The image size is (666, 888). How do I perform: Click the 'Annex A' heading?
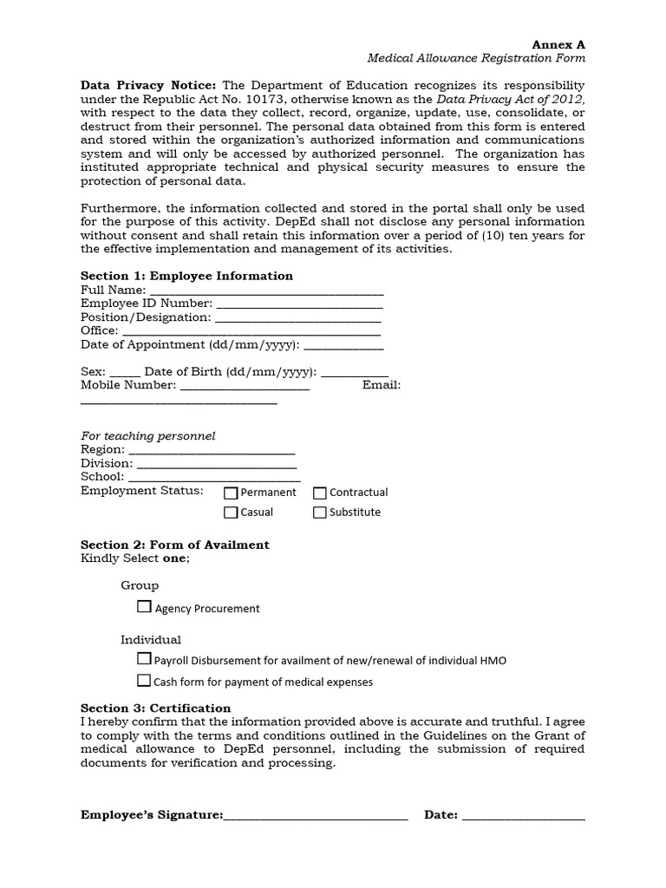coord(558,44)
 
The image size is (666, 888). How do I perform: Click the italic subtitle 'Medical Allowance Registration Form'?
coord(476,58)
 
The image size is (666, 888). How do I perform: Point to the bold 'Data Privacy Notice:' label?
coord(149,86)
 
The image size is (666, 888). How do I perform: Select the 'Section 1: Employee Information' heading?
coord(186,276)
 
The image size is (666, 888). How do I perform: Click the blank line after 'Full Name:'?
coord(266,291)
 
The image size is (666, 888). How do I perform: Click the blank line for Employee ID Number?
coord(298,305)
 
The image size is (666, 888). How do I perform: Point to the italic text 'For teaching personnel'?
coord(147,436)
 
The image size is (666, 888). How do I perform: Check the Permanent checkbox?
coord(231,493)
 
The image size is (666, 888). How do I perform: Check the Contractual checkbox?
coord(320,493)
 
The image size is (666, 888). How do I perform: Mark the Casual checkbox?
coord(231,513)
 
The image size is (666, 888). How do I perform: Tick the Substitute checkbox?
coord(320,513)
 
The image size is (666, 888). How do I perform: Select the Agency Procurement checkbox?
coord(145,608)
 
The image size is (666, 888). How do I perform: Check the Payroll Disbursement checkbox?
coord(145,660)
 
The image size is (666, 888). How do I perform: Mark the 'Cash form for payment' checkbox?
coord(145,682)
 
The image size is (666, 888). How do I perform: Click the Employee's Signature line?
coord(316,816)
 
